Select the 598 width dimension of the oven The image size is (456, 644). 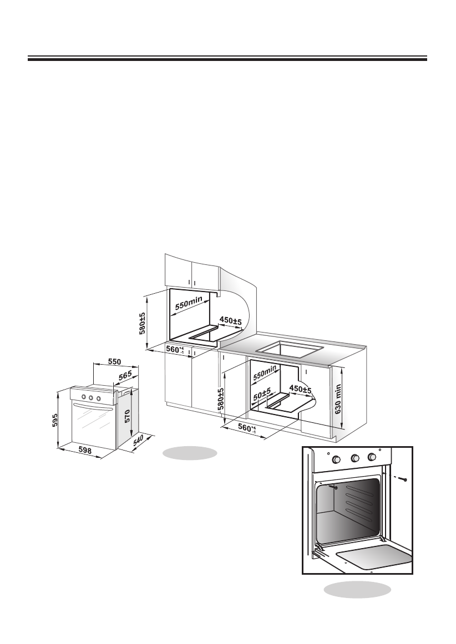85,451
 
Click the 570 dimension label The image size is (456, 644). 128,416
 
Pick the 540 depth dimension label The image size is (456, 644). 138,442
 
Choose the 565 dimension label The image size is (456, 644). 125,376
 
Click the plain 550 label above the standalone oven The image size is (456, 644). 114,361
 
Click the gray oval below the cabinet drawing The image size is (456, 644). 189,453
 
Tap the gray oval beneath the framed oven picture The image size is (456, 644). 357,589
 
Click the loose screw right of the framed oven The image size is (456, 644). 406,478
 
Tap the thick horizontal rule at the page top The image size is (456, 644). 227,58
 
